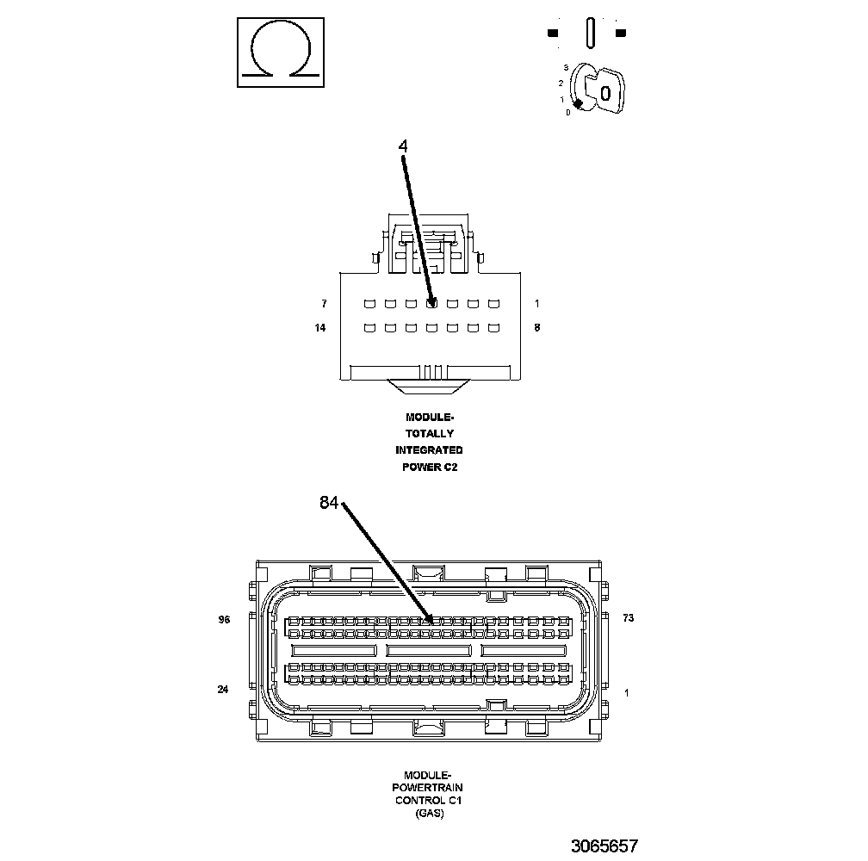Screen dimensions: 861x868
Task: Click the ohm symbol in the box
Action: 281,53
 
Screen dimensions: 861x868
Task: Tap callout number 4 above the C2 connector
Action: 402,146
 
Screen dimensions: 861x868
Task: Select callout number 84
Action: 330,504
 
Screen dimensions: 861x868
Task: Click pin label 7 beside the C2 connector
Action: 324,304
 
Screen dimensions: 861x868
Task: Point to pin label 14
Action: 321,328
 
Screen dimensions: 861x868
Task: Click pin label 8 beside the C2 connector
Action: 537,328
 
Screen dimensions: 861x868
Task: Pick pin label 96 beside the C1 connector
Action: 224,619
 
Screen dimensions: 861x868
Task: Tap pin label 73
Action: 628,619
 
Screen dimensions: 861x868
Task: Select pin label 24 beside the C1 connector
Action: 222,689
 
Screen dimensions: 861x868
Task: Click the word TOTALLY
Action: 429,434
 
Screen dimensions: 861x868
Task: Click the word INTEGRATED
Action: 429,450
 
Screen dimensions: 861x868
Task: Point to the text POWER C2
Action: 429,468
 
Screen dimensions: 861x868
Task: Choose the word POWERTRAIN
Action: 428,787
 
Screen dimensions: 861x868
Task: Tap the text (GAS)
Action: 428,813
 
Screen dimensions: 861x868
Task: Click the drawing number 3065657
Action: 604,846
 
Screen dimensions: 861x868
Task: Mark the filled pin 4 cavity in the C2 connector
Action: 431,303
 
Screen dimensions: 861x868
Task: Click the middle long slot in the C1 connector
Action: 429,650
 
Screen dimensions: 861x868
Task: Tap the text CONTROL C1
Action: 428,800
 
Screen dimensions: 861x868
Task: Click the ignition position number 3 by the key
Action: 566,67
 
